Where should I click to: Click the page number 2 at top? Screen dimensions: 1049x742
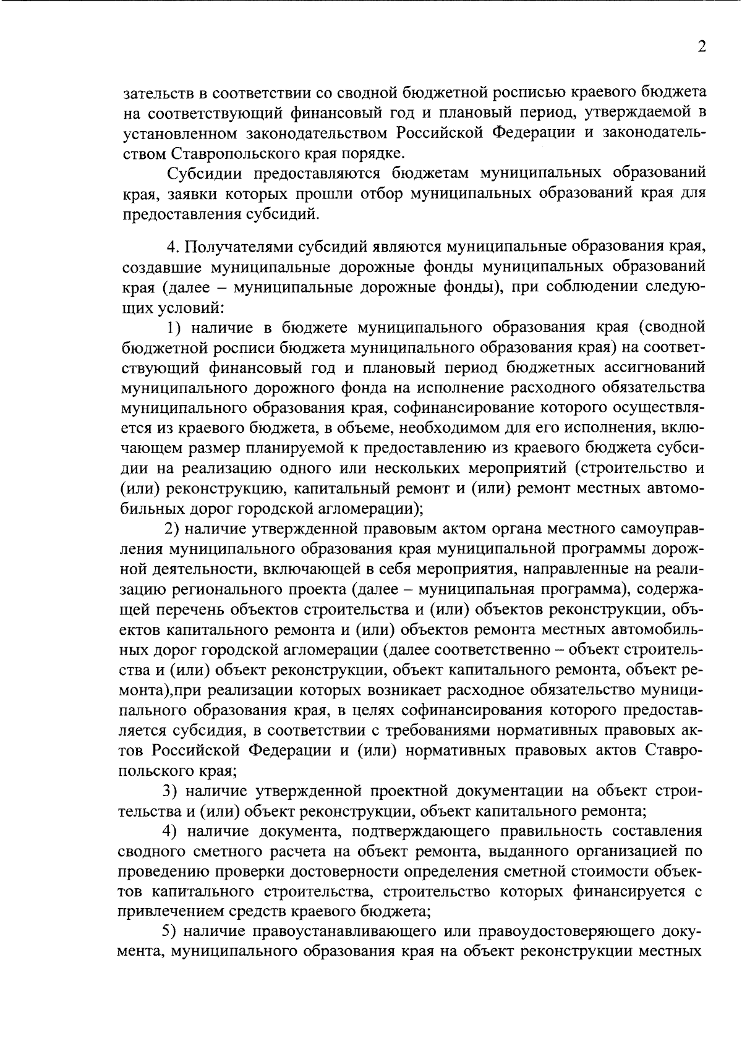pyautogui.click(x=701, y=48)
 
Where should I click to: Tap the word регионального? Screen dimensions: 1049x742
pyautogui.click(x=223, y=589)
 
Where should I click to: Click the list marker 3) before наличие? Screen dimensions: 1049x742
pyautogui.click(x=171, y=791)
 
